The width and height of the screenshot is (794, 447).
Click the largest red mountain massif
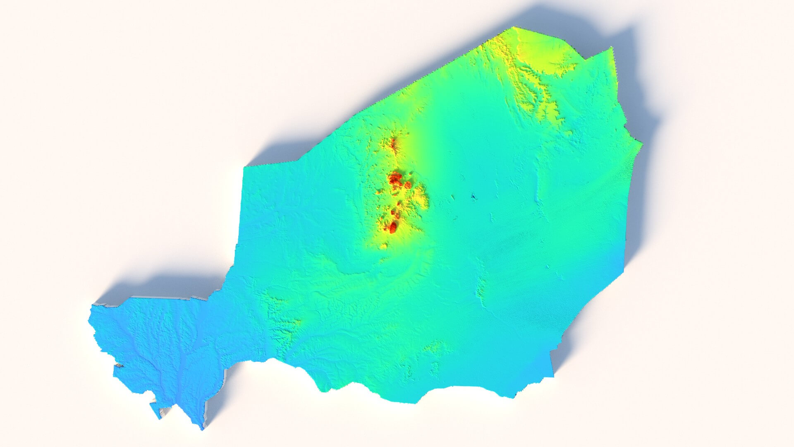click(395, 180)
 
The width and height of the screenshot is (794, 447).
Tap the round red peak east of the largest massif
click(408, 184)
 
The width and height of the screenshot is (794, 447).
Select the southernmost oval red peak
click(392, 226)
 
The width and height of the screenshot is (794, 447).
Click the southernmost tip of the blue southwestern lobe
click(203, 429)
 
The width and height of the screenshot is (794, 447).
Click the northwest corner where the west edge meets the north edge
click(245, 167)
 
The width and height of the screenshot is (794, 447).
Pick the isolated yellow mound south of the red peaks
click(384, 246)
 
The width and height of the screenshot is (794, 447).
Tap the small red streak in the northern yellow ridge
click(393, 144)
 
